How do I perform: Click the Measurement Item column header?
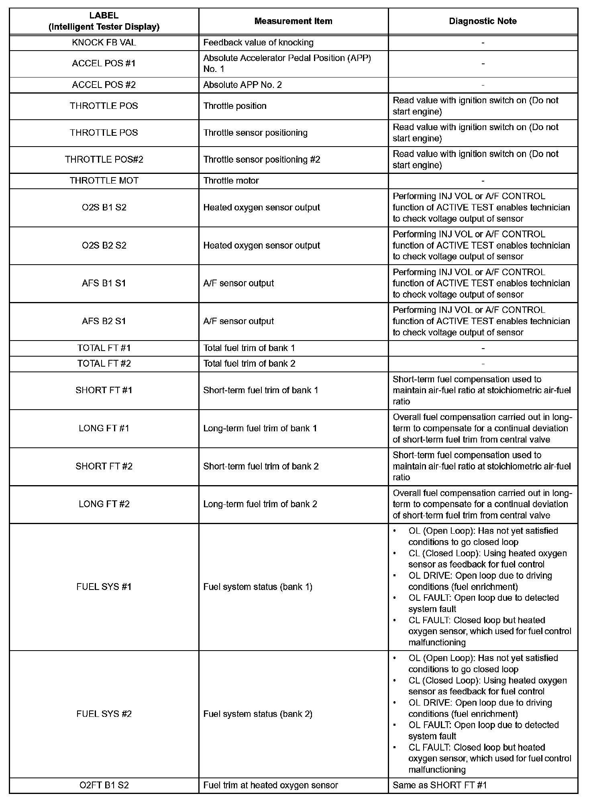click(x=293, y=21)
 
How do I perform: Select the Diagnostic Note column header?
click(x=483, y=21)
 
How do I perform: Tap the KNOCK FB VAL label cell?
click(x=104, y=43)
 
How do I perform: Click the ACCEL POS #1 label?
click(x=104, y=63)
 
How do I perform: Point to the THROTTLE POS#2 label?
click(x=104, y=159)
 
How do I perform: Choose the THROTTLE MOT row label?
click(x=104, y=181)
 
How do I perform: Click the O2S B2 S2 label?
click(x=104, y=245)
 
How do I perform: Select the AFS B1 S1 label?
click(x=104, y=283)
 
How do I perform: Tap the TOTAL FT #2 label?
click(x=104, y=363)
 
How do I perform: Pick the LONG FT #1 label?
click(x=104, y=428)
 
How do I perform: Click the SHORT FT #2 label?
click(x=104, y=466)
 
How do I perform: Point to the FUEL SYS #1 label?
click(x=104, y=587)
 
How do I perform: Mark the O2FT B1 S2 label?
click(x=104, y=785)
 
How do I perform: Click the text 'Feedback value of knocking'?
click(x=258, y=43)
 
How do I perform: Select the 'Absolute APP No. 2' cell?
click(x=243, y=85)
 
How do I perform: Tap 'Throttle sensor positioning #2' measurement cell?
click(x=262, y=159)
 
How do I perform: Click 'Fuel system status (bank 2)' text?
click(x=258, y=714)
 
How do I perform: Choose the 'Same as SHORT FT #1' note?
click(x=440, y=785)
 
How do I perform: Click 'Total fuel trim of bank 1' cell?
click(x=249, y=348)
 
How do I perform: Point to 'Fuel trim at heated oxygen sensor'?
click(x=271, y=785)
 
